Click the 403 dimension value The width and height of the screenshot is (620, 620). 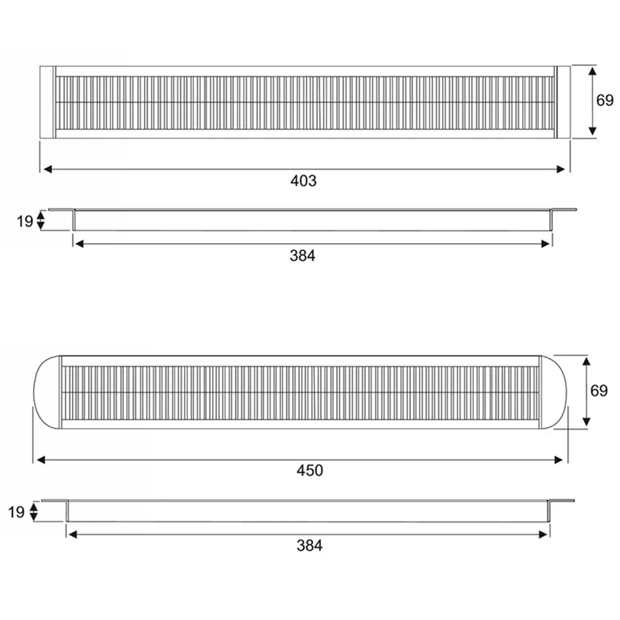pos(303,181)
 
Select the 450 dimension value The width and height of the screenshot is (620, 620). pos(309,471)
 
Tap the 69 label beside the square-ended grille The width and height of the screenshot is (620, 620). pos(604,100)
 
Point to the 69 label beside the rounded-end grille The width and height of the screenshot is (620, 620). pos(599,391)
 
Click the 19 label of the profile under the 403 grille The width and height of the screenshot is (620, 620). pos(24,221)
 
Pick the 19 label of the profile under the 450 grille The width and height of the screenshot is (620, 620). pos(16,511)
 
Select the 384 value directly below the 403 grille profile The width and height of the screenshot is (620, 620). pos(303,255)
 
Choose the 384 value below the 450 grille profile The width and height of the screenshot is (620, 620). pos(309,546)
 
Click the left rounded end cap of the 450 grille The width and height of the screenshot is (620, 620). pos(46,392)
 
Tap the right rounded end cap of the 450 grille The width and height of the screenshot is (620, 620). pos(553,392)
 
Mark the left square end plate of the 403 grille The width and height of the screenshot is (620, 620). pos(47,102)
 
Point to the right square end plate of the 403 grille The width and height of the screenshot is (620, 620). pos(563,102)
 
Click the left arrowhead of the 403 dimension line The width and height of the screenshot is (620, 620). pos(45,169)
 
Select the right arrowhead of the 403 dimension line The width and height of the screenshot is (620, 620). pos(565,169)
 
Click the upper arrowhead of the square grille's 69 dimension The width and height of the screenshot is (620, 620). pos(592,71)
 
